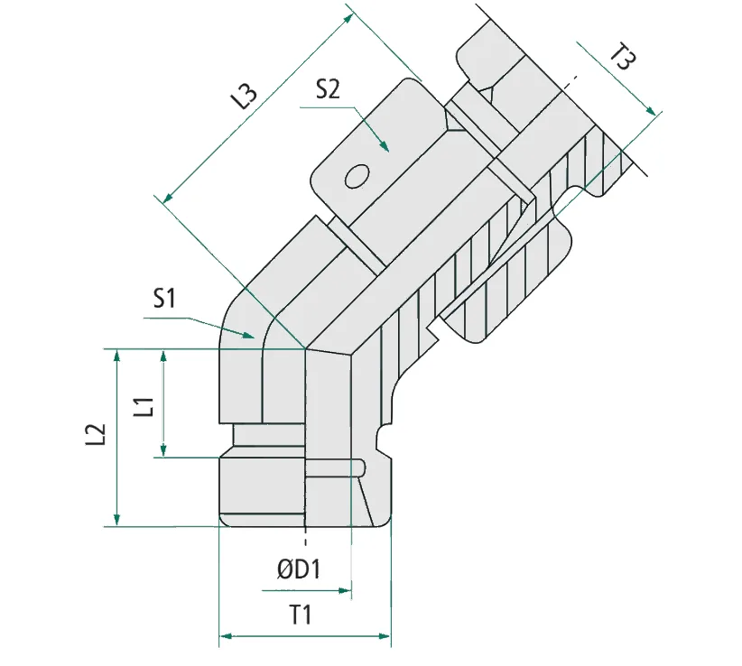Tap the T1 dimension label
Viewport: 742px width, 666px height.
coord(300,615)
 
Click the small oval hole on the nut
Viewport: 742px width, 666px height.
coord(356,175)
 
